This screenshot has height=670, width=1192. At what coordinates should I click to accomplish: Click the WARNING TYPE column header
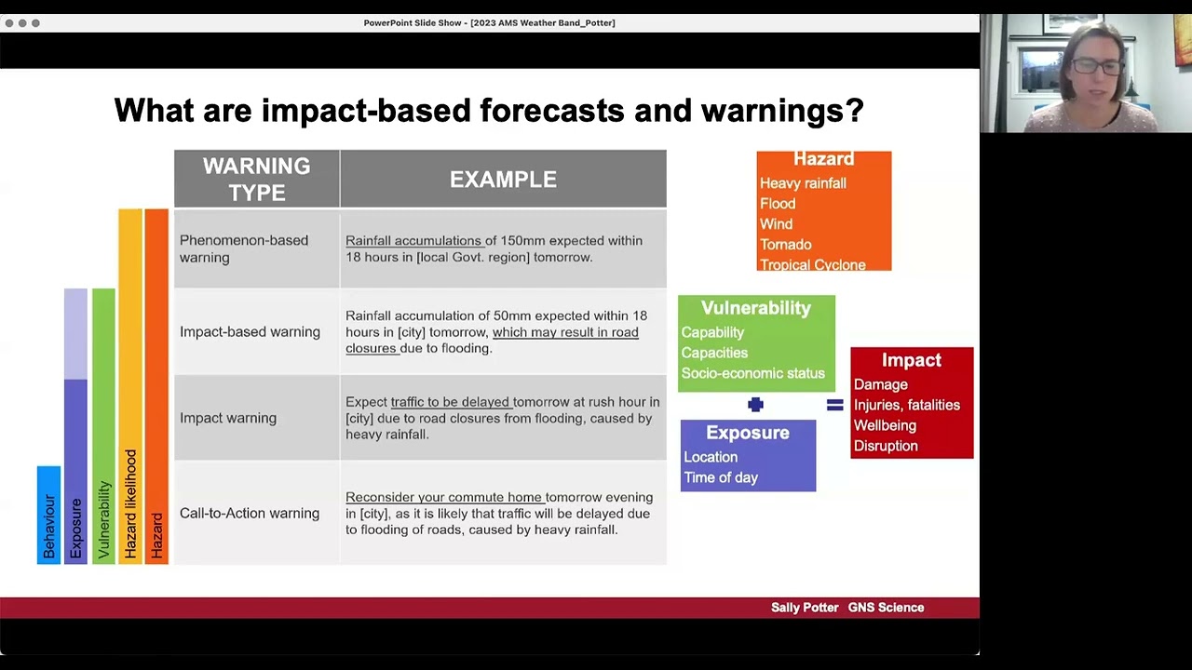256,179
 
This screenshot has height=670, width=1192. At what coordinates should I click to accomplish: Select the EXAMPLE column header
503,180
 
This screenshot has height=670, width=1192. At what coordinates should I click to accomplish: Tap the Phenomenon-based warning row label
244,248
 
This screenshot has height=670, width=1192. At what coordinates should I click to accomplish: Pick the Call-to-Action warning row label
250,513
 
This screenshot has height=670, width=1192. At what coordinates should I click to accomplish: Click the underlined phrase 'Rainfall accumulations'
413,241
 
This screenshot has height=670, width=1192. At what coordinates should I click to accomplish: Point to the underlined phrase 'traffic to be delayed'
450,402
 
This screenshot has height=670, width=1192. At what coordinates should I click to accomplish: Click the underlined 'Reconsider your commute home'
443,498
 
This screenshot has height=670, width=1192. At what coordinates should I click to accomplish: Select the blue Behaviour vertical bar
48,515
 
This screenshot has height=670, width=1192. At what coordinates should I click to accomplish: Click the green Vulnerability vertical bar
103,425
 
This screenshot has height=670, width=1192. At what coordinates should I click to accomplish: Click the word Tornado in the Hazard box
785,245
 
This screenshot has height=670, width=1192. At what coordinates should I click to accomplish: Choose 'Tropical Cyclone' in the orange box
812,264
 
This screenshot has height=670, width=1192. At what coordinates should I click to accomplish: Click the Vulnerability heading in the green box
755,308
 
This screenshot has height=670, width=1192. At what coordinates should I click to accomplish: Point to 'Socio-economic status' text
752,373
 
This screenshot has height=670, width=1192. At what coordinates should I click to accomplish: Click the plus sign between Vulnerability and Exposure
755,405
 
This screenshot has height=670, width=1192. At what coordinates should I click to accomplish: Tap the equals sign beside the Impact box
834,405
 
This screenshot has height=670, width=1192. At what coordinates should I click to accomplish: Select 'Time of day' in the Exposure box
721,477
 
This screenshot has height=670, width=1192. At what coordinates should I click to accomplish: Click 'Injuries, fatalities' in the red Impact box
906,405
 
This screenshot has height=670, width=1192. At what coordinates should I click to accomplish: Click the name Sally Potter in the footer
805,608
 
